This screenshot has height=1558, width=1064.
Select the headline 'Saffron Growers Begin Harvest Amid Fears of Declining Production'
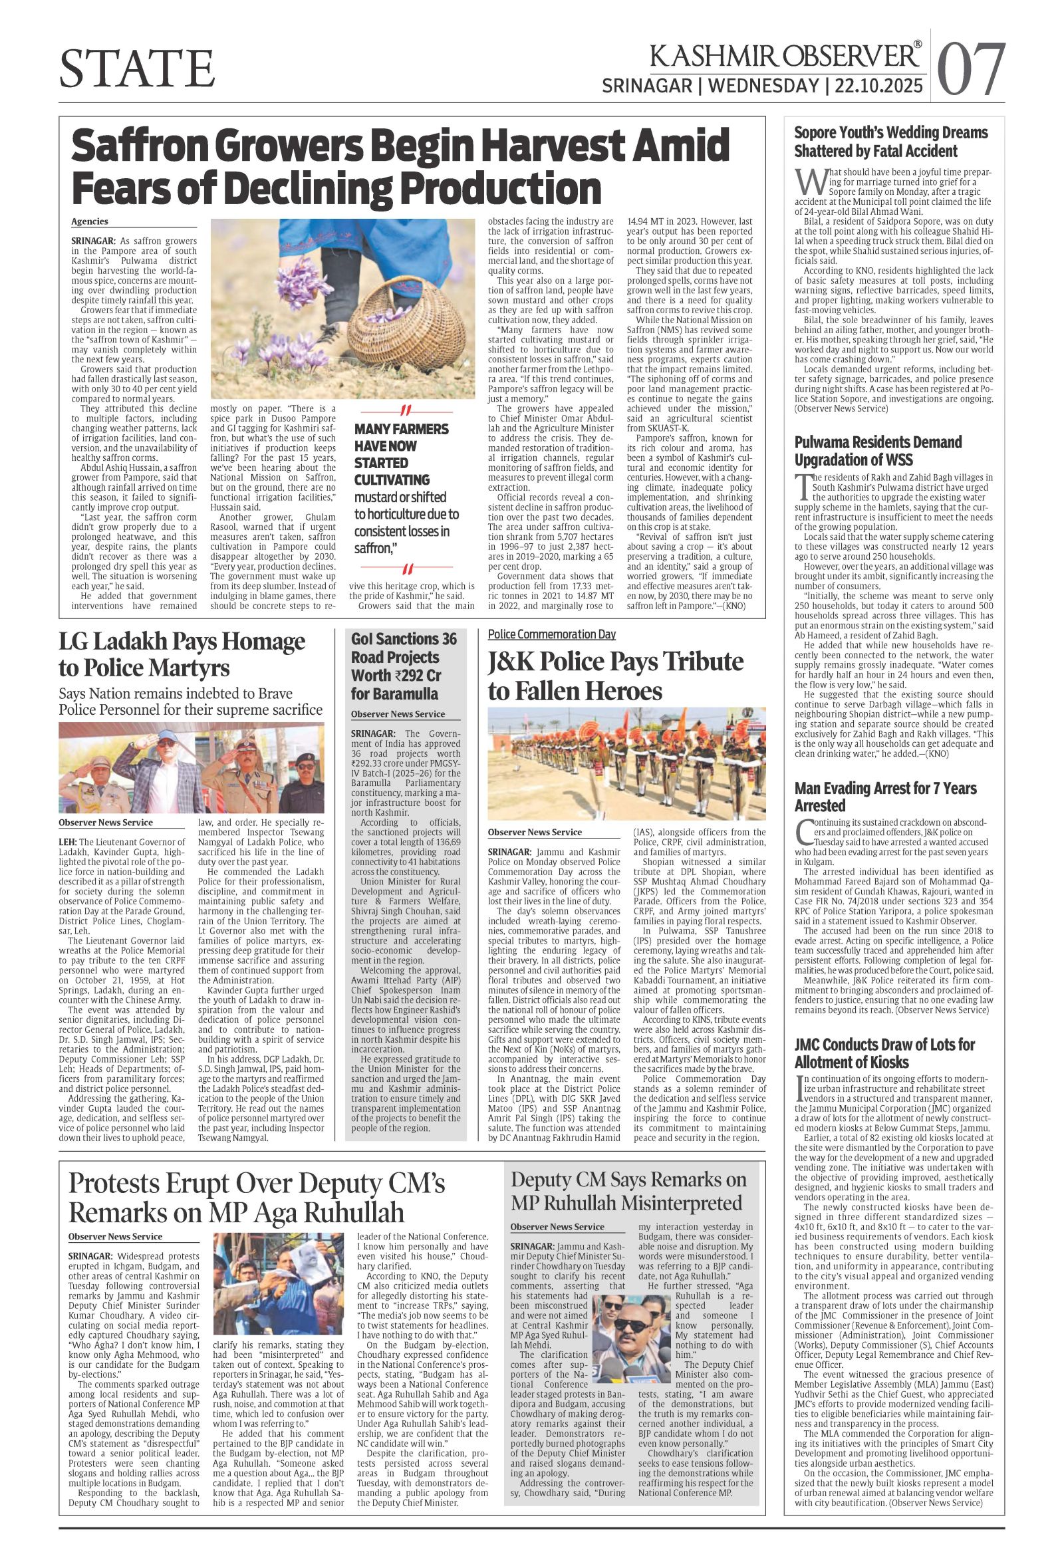[x=400, y=166]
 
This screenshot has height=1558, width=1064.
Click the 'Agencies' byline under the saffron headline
[x=90, y=222]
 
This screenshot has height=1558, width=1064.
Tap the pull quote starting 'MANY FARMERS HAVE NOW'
[x=402, y=489]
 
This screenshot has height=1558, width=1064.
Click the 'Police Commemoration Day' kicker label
[x=551, y=634]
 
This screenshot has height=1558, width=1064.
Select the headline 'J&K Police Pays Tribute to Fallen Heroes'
[x=616, y=676]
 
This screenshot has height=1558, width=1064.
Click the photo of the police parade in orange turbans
[x=626, y=763]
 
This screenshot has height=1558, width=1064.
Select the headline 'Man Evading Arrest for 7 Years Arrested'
[x=885, y=797]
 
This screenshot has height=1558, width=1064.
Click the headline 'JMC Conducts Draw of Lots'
[x=884, y=1053]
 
